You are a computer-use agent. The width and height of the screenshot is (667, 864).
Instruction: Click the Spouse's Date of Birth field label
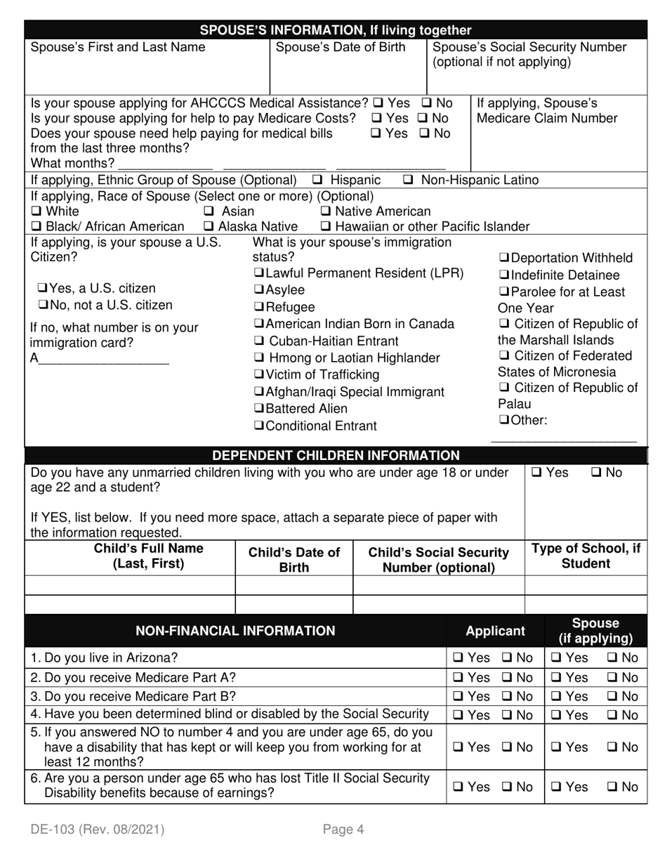click(341, 48)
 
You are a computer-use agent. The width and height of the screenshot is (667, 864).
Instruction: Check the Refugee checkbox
click(259, 308)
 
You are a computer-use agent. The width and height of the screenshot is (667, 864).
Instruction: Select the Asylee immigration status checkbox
click(259, 290)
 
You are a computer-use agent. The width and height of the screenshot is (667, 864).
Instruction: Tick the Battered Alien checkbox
click(259, 409)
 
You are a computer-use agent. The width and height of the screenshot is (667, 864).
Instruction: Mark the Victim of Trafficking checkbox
click(259, 375)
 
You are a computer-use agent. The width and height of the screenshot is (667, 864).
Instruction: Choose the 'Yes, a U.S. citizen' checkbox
click(44, 289)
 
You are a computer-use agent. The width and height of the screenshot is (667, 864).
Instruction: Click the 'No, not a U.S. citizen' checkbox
click(44, 306)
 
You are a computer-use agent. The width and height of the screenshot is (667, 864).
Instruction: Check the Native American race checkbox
click(326, 212)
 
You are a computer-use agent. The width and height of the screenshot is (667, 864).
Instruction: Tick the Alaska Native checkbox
click(209, 227)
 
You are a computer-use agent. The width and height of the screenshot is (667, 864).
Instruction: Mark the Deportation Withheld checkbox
click(504, 258)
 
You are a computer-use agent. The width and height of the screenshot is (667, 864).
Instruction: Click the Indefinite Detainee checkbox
click(504, 275)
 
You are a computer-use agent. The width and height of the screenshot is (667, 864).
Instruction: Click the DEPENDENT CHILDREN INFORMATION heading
click(336, 455)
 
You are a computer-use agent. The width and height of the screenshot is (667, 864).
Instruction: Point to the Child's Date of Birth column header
click(293, 560)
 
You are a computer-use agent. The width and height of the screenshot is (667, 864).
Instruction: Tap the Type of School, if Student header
click(586, 556)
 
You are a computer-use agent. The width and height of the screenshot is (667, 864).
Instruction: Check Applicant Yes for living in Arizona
click(458, 658)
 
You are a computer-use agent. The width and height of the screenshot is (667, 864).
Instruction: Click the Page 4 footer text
click(343, 830)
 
